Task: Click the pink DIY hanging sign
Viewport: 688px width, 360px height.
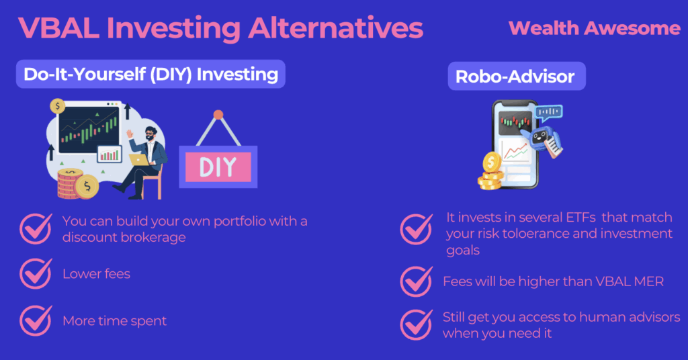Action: pos(218,167)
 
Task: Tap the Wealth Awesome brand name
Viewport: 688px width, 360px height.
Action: pos(595,28)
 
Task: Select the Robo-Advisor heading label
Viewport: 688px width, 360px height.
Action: pos(517,77)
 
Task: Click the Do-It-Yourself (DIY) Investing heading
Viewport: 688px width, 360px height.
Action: pos(150,74)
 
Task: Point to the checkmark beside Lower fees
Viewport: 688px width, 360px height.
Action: pos(36,273)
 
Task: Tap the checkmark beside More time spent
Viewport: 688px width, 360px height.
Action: pos(36,320)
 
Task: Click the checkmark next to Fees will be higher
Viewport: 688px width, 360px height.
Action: pos(416,281)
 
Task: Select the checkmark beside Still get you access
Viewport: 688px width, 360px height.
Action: pos(416,324)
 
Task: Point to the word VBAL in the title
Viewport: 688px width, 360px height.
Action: pos(58,28)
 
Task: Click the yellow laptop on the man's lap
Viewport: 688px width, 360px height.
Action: pos(138,160)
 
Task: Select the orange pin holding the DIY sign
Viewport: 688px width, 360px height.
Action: pos(218,115)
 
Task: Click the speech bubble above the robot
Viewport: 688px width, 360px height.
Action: pos(548,113)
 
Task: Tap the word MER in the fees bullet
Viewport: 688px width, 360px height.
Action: pos(649,281)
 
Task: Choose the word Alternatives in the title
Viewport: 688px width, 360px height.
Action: pos(335,28)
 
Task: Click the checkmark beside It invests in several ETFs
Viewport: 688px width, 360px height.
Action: pos(416,229)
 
